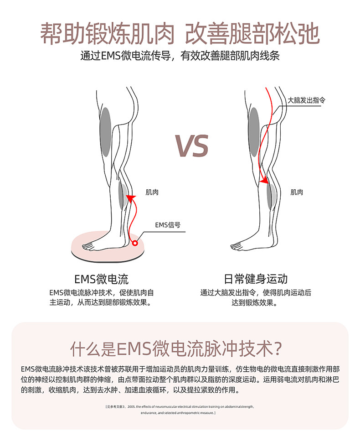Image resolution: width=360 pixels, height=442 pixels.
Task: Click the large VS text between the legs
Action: tap(191, 146)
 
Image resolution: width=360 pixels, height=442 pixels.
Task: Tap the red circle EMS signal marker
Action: tap(135, 243)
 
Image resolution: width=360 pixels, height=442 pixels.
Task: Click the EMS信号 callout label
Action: tap(168, 225)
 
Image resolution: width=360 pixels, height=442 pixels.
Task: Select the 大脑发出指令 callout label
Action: tap(306, 99)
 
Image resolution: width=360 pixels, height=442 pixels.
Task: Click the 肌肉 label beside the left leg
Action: tap(152, 192)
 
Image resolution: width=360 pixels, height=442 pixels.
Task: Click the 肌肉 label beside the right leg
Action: tap(297, 192)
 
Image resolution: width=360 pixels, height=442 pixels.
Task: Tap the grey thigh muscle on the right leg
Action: tap(254, 132)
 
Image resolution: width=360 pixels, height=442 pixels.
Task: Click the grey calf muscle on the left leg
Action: tap(122, 195)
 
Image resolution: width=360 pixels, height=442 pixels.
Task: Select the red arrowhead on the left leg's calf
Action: tap(129, 198)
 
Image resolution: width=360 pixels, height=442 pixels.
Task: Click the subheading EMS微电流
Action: tap(101, 279)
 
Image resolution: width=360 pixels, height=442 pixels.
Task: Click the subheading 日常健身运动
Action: tap(256, 279)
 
